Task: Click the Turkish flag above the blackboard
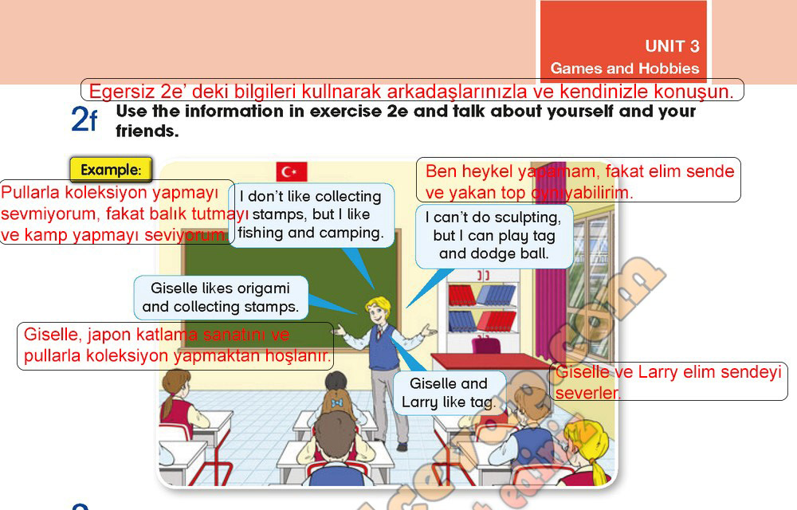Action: coord(291,171)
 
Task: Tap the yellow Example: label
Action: coord(111,170)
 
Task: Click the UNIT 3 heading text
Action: coord(672,46)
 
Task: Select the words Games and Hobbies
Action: coord(625,68)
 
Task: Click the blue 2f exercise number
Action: coord(84,120)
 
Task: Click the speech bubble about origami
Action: coord(221,298)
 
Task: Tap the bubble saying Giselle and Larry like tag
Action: coord(449,393)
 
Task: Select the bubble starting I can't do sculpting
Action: coord(494,236)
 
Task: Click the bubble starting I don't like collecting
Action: coord(311,215)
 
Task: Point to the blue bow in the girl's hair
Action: coord(336,403)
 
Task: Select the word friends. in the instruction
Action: coord(147,131)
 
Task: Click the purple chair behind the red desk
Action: coord(486,345)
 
